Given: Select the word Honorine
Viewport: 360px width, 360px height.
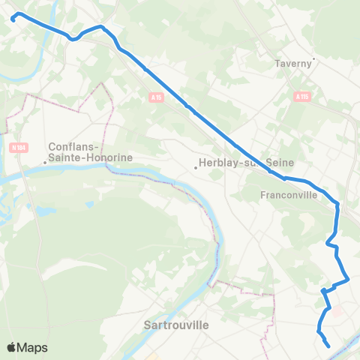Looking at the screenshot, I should click(x=109, y=157).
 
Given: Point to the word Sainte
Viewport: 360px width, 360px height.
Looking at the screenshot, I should click(x=67, y=157).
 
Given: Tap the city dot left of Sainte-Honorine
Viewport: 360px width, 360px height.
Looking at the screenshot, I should click(x=45, y=162).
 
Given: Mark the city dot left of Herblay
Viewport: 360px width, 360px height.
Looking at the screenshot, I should click(x=196, y=167).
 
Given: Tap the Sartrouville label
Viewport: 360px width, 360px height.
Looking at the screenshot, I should click(x=175, y=325).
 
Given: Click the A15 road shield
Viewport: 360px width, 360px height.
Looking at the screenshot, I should click(x=155, y=98).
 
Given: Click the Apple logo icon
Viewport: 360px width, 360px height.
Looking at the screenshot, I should click(x=12, y=347).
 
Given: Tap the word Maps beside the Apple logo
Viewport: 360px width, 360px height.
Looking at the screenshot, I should click(x=32, y=347).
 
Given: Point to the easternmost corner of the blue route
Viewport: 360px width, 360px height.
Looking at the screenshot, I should click(x=349, y=280).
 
